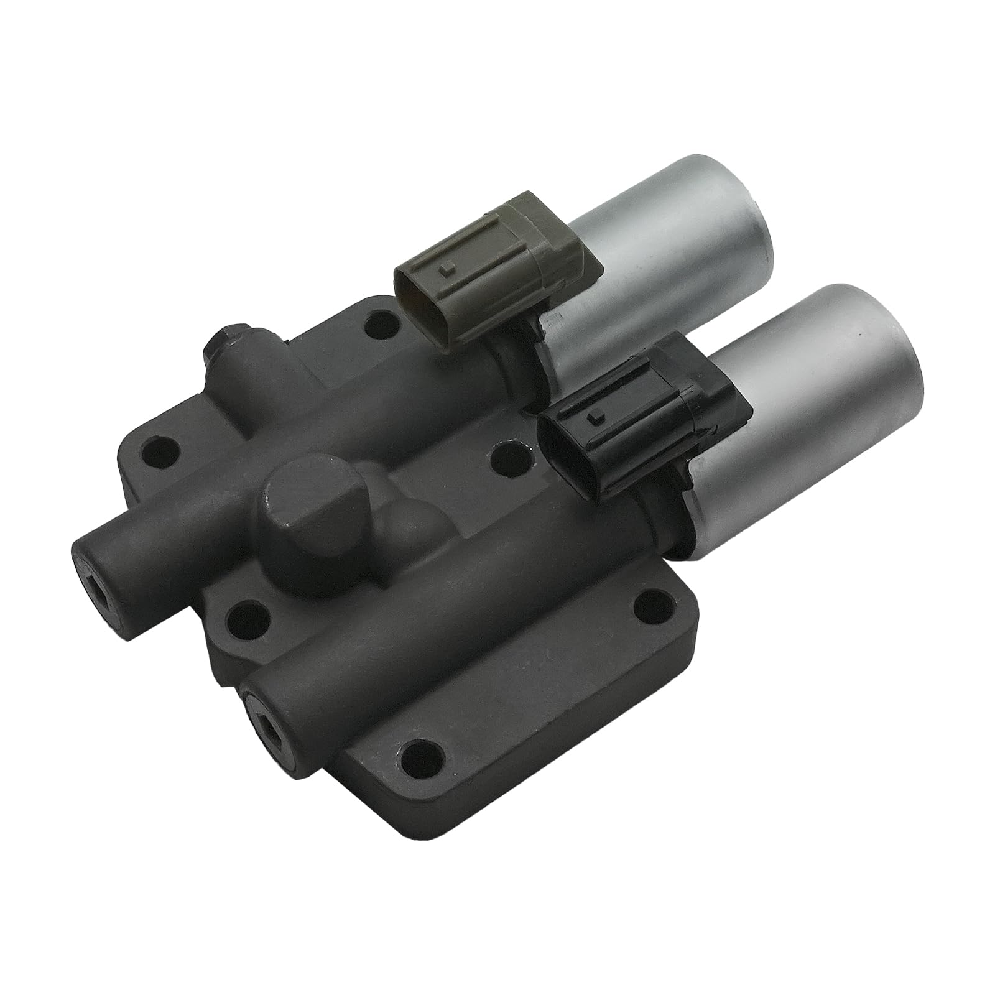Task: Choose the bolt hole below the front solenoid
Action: click(x=650, y=604)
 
